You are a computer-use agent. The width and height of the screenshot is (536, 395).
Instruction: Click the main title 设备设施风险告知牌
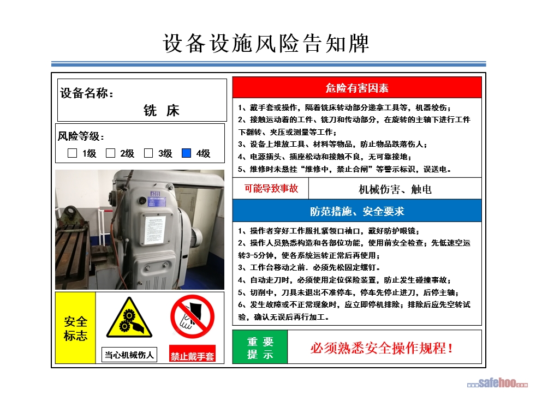[266, 44]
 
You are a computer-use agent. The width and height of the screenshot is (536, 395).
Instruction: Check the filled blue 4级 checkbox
[186, 153]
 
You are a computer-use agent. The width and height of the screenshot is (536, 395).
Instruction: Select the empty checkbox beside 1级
[72, 153]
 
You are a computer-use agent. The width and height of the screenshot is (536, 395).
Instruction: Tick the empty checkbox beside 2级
[110, 153]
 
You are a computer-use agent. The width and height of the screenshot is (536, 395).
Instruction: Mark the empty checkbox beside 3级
[148, 153]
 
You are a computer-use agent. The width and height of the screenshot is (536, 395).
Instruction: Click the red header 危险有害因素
[357, 88]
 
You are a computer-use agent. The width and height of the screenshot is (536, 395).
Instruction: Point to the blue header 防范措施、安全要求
[357, 211]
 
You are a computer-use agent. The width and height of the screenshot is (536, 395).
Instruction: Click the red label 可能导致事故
[271, 188]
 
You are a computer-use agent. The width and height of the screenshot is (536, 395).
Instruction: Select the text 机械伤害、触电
[395, 189]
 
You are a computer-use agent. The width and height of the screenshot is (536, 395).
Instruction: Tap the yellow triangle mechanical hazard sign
[129, 318]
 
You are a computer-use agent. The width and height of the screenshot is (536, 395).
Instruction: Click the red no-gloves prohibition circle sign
[193, 317]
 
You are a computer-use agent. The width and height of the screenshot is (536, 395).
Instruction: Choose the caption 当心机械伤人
[129, 355]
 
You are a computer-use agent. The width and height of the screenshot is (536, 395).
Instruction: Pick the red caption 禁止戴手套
[193, 356]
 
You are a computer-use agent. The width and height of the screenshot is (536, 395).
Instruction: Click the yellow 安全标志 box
[75, 328]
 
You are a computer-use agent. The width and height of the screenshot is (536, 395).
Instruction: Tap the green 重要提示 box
[260, 347]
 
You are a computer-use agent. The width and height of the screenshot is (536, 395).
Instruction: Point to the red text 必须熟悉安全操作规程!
[382, 348]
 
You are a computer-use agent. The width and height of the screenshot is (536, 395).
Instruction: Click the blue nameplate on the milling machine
[157, 201]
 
